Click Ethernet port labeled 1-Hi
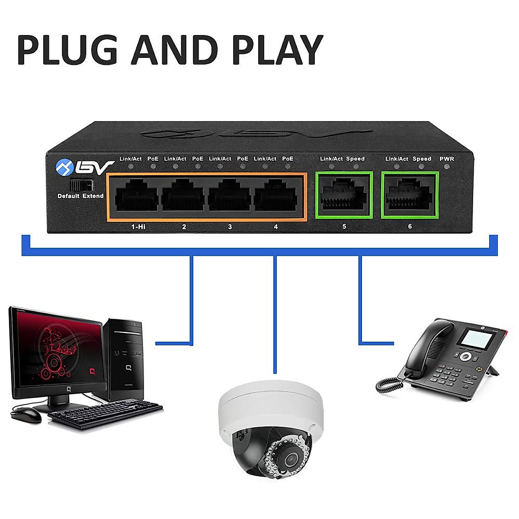pyautogui.click(x=135, y=197)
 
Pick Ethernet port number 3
pyautogui.click(x=229, y=197)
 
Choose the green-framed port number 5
pyautogui.click(x=344, y=195)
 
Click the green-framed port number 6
pyautogui.click(x=410, y=195)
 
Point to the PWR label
pyautogui.click(x=447, y=159)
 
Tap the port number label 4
pyautogui.click(x=276, y=227)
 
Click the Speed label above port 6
pyautogui.click(x=422, y=159)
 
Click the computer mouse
pyautogui.click(x=26, y=415)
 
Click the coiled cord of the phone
pyautogui.click(x=387, y=383)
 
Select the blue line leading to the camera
pyautogui.click(x=275, y=316)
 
